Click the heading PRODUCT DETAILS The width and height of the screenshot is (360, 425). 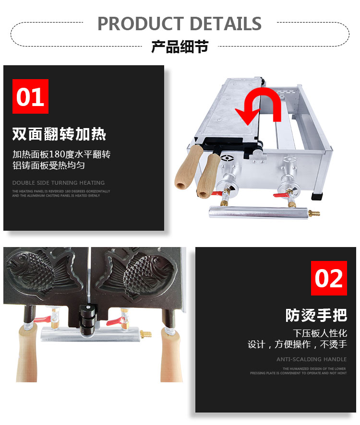[180, 23]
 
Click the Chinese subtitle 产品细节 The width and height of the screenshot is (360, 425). [180, 47]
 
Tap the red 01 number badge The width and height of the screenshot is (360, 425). [30, 96]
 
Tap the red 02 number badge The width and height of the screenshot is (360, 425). [329, 278]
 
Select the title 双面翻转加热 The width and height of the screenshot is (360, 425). [59, 134]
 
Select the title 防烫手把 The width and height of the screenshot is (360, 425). [316, 315]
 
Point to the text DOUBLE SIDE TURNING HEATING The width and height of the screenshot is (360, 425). [59, 183]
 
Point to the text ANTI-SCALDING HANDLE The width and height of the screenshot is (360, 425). [312, 359]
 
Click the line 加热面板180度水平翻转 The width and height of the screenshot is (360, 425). [61, 154]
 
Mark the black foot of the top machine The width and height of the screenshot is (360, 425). [317, 196]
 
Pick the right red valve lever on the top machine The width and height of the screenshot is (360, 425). [281, 194]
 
